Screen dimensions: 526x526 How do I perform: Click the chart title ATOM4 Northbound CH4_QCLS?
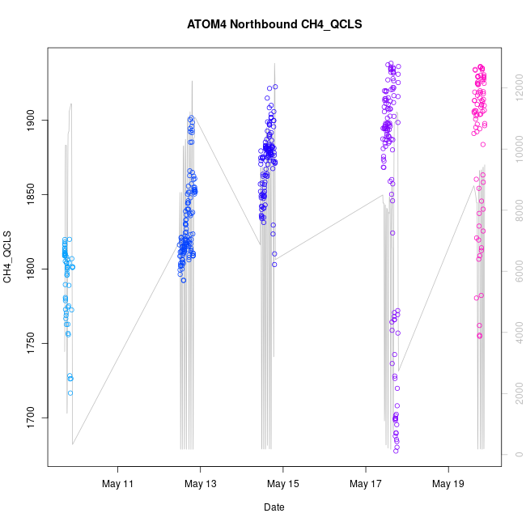[274, 24]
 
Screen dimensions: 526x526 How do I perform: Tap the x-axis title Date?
[274, 507]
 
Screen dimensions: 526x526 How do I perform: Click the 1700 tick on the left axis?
[29, 418]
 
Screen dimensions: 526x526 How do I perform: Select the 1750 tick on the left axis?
[29, 344]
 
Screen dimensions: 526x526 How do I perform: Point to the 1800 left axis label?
[29, 269]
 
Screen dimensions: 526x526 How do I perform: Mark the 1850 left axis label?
[29, 195]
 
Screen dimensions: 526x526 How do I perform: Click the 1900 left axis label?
[29, 121]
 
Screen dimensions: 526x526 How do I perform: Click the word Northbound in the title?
[263, 24]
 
